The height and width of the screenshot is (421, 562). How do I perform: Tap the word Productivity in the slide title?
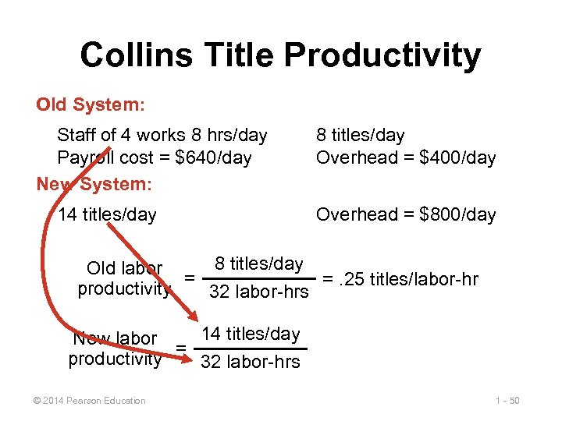pyautogui.click(x=382, y=55)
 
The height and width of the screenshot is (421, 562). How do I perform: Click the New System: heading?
pyautogui.click(x=94, y=185)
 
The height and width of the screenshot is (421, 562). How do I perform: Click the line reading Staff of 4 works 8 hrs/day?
pyautogui.click(x=162, y=135)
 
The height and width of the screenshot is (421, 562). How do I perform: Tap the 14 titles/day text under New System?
pyautogui.click(x=107, y=214)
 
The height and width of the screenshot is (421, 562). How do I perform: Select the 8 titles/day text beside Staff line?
pyautogui.click(x=360, y=135)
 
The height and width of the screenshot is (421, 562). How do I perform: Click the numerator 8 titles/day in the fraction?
pyautogui.click(x=259, y=264)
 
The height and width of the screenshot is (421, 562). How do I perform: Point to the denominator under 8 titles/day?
pyautogui.click(x=259, y=292)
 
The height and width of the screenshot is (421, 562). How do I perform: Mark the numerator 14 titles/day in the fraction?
pyautogui.click(x=250, y=334)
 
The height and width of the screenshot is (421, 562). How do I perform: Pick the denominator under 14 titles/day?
pyautogui.click(x=250, y=362)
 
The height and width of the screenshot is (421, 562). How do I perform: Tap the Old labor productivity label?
pyautogui.click(x=125, y=278)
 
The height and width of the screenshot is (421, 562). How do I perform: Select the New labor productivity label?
pyautogui.click(x=116, y=348)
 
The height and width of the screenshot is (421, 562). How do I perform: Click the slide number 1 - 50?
pyautogui.click(x=507, y=401)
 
